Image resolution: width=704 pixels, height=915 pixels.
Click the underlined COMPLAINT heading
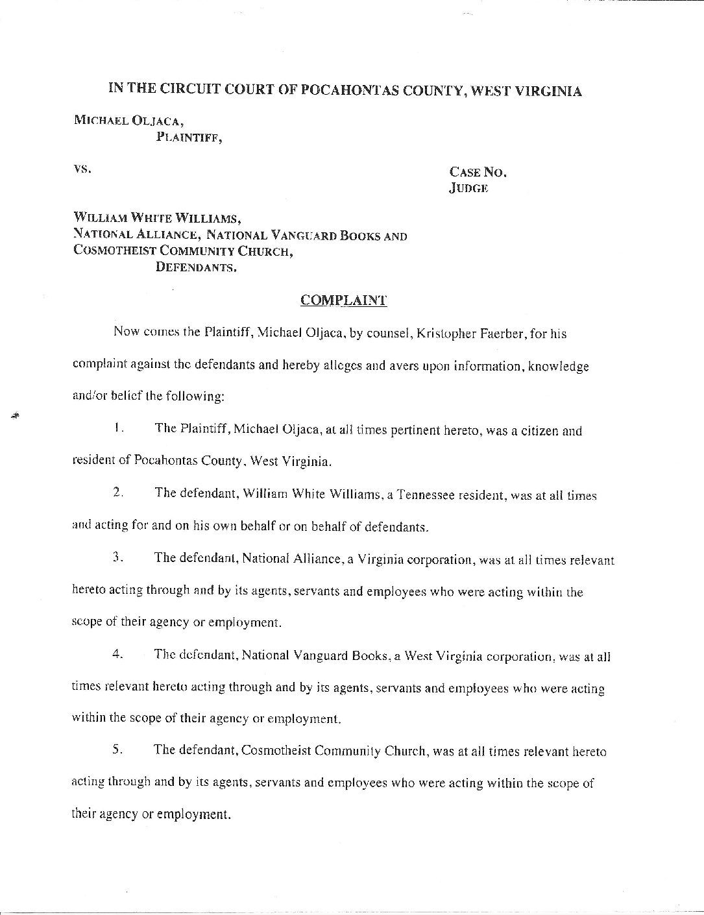(x=343, y=300)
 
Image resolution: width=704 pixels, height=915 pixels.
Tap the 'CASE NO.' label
(x=478, y=172)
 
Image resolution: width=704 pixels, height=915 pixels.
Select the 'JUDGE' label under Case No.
(x=468, y=188)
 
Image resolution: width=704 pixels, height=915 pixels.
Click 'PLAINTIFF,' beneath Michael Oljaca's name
(x=189, y=136)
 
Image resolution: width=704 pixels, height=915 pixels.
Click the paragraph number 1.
(x=117, y=428)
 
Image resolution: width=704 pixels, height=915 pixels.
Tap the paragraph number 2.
(x=117, y=493)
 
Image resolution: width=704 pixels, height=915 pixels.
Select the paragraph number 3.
(x=117, y=558)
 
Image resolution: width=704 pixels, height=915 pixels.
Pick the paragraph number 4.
(x=117, y=654)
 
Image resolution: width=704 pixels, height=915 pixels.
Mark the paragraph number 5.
(x=117, y=750)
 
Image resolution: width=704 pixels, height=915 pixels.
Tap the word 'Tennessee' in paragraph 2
(x=426, y=495)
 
